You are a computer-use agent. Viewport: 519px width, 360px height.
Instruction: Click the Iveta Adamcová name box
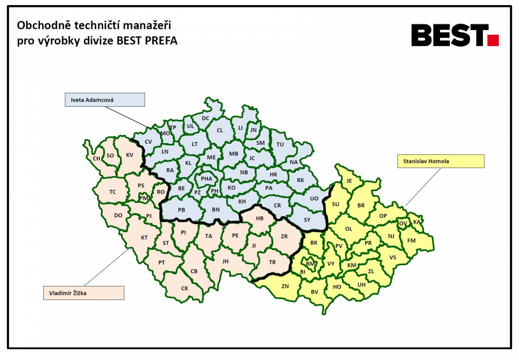tap(105, 100)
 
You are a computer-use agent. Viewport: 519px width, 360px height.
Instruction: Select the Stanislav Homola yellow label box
tap(440, 161)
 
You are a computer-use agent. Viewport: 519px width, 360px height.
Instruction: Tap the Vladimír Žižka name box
tap(83, 293)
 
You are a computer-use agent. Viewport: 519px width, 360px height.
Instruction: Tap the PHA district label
tap(207, 179)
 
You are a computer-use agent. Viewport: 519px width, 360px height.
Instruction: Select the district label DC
tap(206, 118)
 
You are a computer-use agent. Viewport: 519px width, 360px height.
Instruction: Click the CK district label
tap(185, 288)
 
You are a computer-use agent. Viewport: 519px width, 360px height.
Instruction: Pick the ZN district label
tap(285, 286)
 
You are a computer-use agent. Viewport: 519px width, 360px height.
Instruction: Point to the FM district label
tap(411, 240)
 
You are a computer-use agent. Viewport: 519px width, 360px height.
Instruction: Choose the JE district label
tap(349, 181)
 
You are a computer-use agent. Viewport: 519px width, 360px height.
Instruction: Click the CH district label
tap(97, 159)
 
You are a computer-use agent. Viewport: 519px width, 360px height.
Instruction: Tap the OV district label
tap(403, 223)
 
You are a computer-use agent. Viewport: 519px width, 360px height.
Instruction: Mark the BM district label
tap(310, 264)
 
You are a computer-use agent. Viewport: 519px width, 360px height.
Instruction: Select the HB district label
tap(259, 218)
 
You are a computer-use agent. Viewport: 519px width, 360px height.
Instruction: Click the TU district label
tap(280, 144)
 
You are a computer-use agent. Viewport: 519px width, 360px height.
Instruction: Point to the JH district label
tap(225, 261)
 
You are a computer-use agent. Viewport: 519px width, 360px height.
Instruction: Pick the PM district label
tap(144, 198)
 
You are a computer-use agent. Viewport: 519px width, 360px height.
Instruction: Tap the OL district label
tap(349, 229)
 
